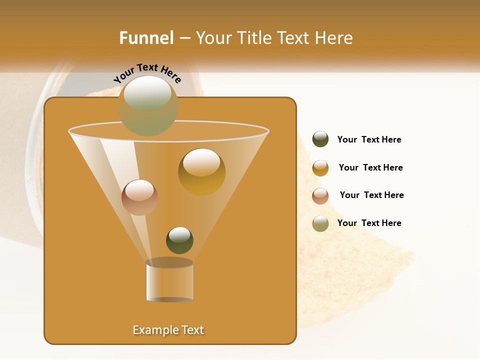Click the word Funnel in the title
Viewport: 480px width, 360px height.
click(146, 38)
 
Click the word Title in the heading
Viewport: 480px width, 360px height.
click(254, 38)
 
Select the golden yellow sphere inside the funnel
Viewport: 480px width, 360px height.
click(201, 171)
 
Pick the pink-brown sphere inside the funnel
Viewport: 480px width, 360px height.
click(139, 197)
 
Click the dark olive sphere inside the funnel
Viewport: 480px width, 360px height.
click(179, 240)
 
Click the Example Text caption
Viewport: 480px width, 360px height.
click(168, 330)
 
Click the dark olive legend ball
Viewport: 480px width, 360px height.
click(320, 139)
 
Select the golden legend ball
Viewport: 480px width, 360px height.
click(320, 168)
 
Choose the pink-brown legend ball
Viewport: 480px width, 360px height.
click(320, 196)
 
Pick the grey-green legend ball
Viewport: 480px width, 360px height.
click(320, 223)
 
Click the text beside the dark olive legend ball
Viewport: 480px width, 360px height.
click(369, 139)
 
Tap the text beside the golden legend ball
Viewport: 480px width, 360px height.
click(370, 167)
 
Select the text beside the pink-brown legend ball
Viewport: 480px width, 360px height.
click(371, 195)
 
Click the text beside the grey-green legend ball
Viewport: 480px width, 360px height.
click(369, 223)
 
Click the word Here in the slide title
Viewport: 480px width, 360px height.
click(334, 38)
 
